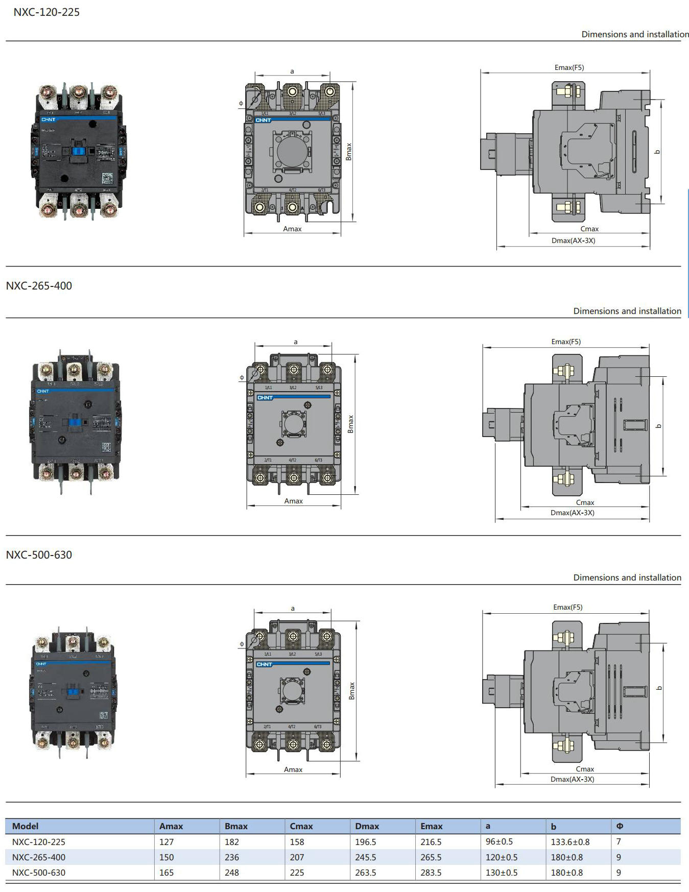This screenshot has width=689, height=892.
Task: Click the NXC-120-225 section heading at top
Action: [x=46, y=12]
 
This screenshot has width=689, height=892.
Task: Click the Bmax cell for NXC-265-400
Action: [x=232, y=857]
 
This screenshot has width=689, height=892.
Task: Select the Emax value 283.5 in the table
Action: [x=431, y=873]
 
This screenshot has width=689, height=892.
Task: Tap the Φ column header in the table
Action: [x=620, y=826]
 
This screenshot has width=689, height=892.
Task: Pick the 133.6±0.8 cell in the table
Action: [x=570, y=842]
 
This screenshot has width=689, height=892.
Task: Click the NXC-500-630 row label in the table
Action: [x=39, y=873]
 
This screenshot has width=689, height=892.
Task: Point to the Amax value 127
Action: [x=167, y=842]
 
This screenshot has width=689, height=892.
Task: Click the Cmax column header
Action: [x=301, y=826]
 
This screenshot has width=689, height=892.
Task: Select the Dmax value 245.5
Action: [x=366, y=857]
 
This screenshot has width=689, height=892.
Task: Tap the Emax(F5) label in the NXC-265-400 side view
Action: [x=566, y=342]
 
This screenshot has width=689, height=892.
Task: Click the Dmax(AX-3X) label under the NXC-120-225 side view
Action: [x=573, y=240]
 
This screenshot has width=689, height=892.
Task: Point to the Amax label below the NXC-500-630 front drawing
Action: [x=293, y=769]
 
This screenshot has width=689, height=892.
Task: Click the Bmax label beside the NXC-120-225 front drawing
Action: [x=349, y=152]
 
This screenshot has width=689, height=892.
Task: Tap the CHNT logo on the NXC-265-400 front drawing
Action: [x=265, y=397]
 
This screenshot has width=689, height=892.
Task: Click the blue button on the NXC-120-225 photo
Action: [x=78, y=151]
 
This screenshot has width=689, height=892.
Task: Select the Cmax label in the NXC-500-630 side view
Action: [x=585, y=769]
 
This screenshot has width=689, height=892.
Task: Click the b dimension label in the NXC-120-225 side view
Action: [x=658, y=152]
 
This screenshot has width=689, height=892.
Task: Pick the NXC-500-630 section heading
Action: [x=39, y=555]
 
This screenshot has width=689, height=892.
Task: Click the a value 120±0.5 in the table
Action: [x=502, y=857]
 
